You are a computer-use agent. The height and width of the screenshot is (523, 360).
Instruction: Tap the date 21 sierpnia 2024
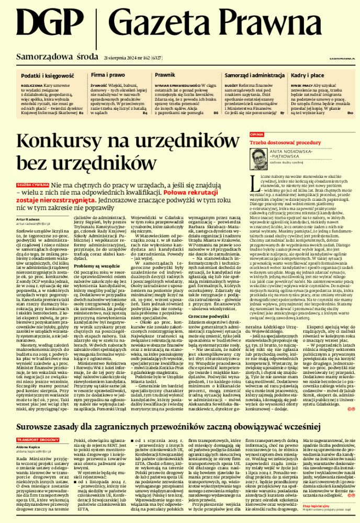pyautogui.click(x=125, y=56)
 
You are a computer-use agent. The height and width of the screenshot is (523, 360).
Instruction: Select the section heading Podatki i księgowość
pyautogui.click(x=42, y=76)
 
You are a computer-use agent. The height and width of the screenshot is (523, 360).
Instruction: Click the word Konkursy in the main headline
pyautogui.click(x=67, y=143)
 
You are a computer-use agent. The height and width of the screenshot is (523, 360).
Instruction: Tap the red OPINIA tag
pyautogui.click(x=256, y=134)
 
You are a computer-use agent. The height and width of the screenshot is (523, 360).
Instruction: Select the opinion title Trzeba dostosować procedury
pyautogui.click(x=285, y=142)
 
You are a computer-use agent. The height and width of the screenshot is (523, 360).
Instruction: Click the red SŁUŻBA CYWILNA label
pyautogui.click(x=32, y=185)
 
